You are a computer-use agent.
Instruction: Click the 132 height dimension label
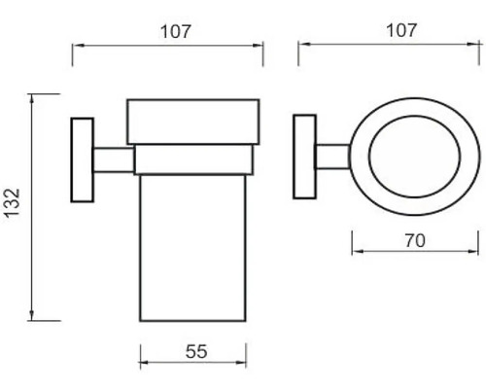(x=13, y=202)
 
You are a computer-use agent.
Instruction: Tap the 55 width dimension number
(x=196, y=351)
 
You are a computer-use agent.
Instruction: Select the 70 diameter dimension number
(x=415, y=240)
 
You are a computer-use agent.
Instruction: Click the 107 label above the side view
(x=175, y=31)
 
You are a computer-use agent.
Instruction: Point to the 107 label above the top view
(x=400, y=30)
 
